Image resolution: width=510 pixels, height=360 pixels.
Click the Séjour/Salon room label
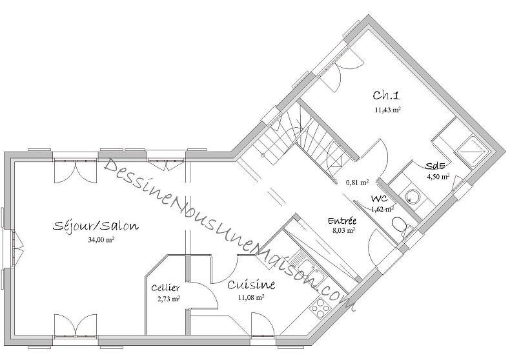pos(95,226)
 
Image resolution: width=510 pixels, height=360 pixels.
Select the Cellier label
pos(166,288)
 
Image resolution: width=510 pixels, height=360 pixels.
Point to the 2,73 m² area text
pos(168,299)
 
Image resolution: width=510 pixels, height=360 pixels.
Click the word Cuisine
pos(251,285)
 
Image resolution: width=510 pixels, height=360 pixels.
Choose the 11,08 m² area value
pos(251,297)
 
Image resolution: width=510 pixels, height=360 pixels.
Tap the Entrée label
pos(343,221)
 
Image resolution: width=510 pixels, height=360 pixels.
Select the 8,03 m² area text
pos(343,230)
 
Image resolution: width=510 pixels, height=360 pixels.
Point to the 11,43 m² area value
pos(387,110)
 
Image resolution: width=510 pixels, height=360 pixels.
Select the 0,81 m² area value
pos(357,182)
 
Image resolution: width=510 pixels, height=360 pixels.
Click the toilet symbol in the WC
pos(400,225)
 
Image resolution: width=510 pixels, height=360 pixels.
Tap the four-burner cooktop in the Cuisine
pos(320,306)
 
